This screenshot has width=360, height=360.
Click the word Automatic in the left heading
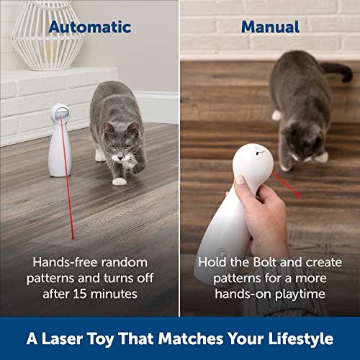click(x=90, y=27)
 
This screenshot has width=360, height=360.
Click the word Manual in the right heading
click(x=270, y=27)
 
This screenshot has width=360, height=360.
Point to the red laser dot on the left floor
click(x=73, y=235)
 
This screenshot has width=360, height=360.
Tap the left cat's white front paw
click(x=120, y=181)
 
